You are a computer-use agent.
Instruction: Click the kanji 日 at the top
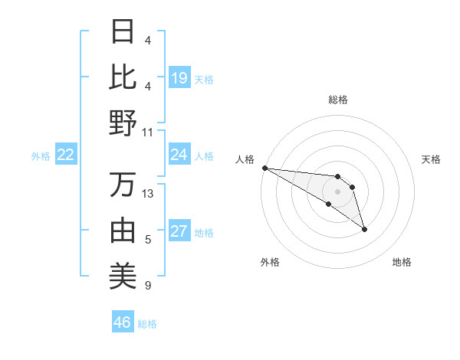[x=123, y=32]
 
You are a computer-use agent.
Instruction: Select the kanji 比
[x=123, y=77]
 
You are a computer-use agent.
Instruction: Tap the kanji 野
[x=123, y=123]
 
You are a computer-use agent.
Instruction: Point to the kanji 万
[x=123, y=185]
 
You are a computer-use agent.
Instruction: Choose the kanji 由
[x=123, y=230]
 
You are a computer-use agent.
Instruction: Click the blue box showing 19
[x=179, y=77]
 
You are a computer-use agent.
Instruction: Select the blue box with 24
[x=179, y=155]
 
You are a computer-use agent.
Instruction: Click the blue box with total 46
[x=123, y=322]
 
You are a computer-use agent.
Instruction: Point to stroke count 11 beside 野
[x=147, y=132]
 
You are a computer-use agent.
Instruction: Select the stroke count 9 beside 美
[x=147, y=286]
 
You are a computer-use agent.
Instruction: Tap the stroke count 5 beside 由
[x=147, y=240]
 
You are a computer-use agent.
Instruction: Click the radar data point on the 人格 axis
[x=264, y=168]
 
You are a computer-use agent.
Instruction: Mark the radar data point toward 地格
[x=364, y=229]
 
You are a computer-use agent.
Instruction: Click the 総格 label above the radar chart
[x=338, y=100]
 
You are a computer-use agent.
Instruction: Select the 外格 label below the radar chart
[x=270, y=262]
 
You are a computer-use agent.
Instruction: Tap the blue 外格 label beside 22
[x=41, y=156]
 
